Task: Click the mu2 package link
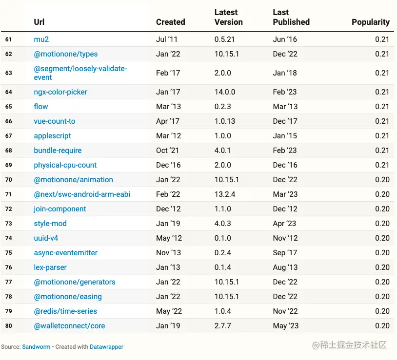tap(41, 39)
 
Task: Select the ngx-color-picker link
tap(60, 92)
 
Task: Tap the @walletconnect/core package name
tap(69, 326)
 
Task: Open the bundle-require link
tap(58, 151)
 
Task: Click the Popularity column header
tap(371, 22)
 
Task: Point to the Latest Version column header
tap(228, 17)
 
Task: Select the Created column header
tap(170, 22)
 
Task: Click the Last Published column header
tap(291, 17)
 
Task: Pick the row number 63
tap(9, 73)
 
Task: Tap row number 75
tap(9, 253)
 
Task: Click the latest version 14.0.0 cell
tap(225, 92)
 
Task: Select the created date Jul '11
tap(167, 39)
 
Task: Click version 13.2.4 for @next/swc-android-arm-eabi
tap(225, 194)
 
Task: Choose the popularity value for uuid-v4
tap(382, 238)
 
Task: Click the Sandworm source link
tap(36, 347)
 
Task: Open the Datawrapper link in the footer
tap(106, 347)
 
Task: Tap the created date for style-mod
tap(168, 224)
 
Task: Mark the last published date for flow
tap(285, 107)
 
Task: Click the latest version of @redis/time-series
tap(223, 311)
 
